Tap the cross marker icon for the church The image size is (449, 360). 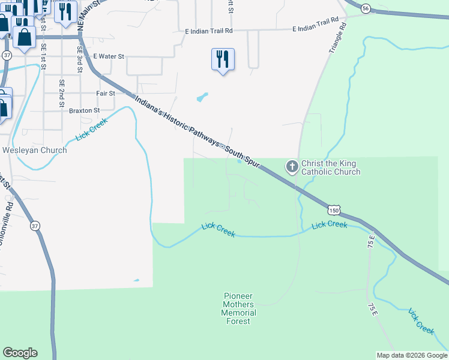292,166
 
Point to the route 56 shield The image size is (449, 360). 366,8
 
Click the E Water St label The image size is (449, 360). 108,56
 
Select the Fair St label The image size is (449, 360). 106,94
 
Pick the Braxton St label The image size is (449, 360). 84,111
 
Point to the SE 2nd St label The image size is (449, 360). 61,93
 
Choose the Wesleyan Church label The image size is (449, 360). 35,150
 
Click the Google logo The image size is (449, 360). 20,353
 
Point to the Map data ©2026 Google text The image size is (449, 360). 412,355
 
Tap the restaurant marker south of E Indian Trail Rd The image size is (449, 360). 223,59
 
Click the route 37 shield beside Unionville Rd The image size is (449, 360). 35,226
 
